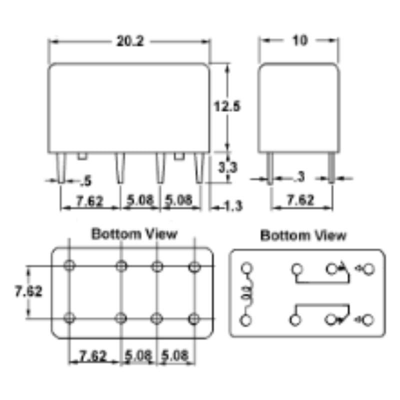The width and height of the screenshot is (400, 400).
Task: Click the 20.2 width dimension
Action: pos(130,41)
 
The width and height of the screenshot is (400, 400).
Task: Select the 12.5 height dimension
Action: pos(227,106)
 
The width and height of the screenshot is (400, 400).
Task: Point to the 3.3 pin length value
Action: pos(228,167)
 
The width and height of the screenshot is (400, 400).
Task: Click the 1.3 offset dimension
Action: pos(233,206)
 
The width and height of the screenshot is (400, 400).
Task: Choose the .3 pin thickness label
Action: pos(299,176)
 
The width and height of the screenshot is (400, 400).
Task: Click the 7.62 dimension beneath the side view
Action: pos(300,199)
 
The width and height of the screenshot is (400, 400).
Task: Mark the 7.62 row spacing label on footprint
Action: pos(28,291)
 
